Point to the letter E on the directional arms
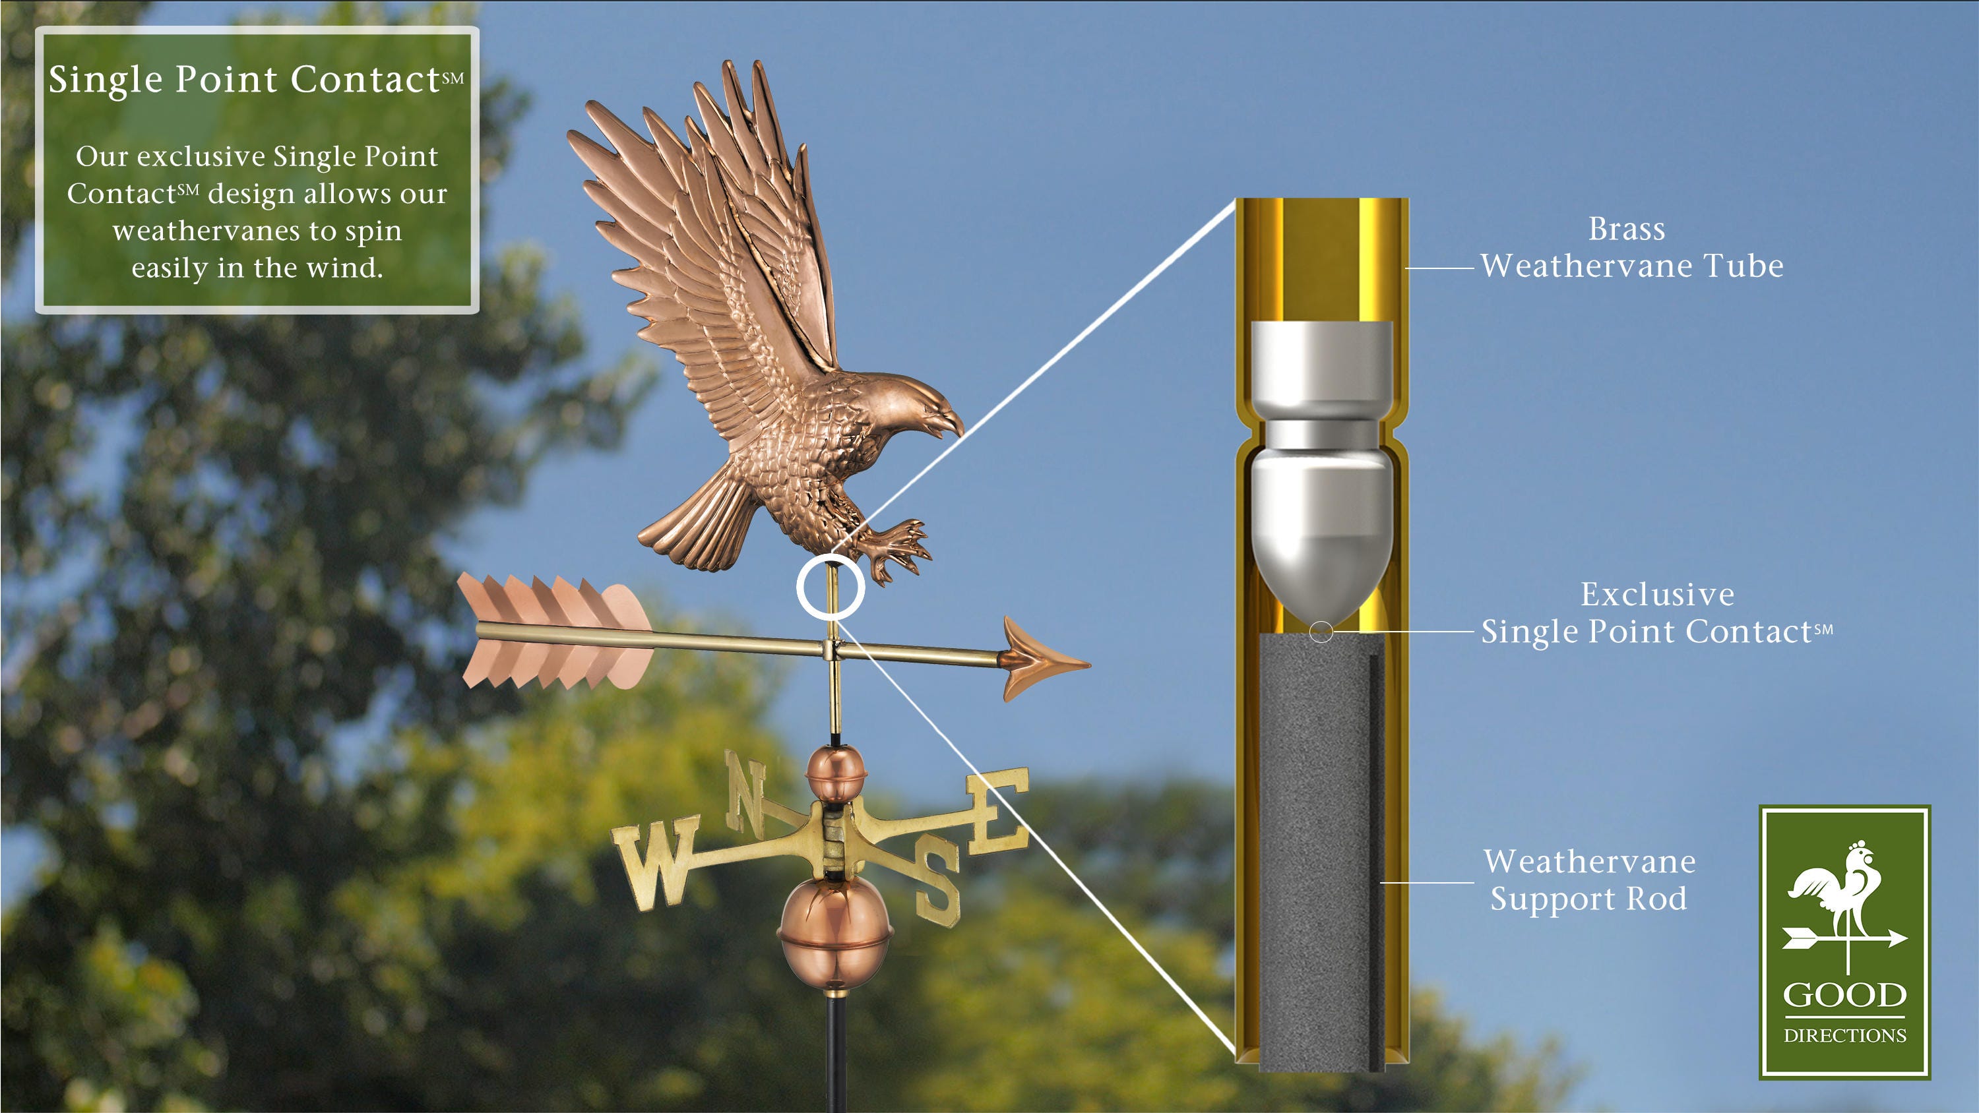point(998,810)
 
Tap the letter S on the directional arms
point(937,884)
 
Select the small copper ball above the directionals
point(835,775)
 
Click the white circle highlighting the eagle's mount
point(831,587)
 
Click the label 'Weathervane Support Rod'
point(1588,880)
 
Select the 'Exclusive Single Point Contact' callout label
point(1656,613)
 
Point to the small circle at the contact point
point(1321,632)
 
